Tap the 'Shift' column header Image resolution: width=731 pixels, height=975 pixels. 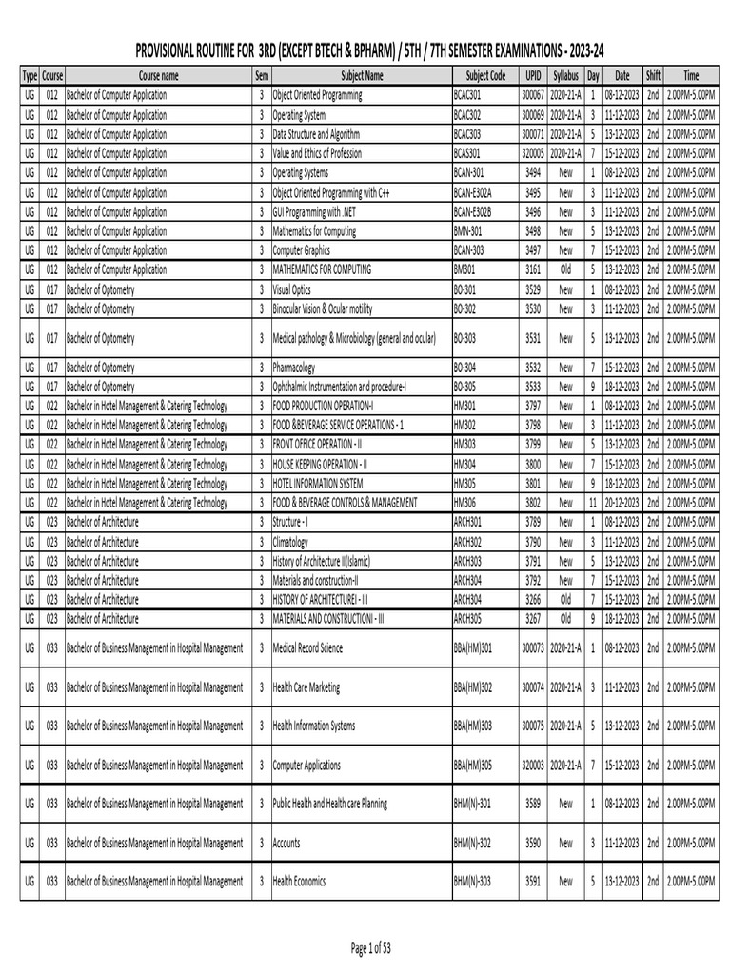coord(653,75)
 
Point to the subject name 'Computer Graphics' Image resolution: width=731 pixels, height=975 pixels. coord(308,249)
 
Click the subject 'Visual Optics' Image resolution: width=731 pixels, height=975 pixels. coord(296,289)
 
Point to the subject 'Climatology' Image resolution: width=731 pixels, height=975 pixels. coord(296,541)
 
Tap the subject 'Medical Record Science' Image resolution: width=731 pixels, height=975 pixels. coord(313,648)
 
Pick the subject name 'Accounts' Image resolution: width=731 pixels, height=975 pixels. coord(286,843)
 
